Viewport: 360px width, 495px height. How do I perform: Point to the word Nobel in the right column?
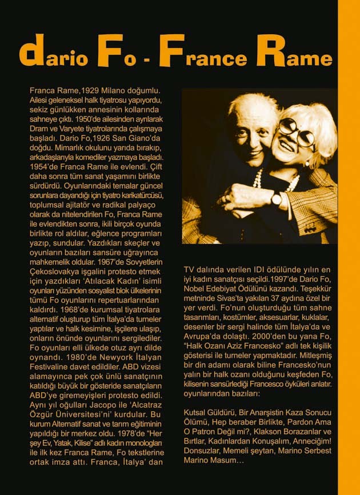[197, 288]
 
